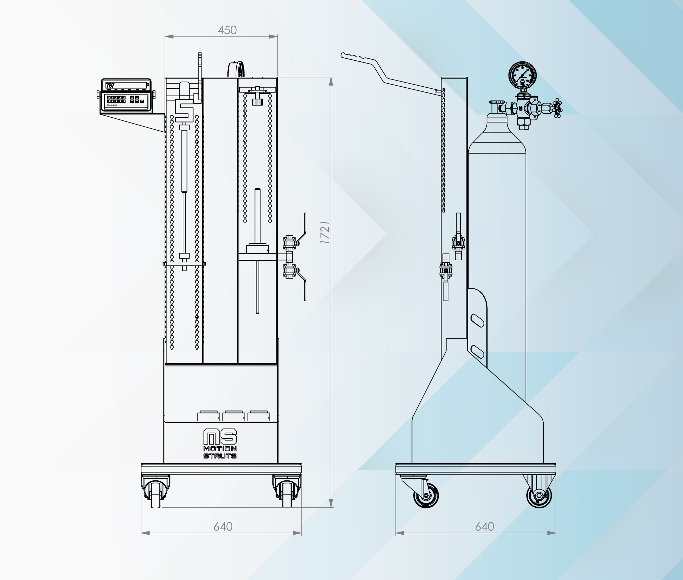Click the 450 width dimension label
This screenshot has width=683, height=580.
(227, 30)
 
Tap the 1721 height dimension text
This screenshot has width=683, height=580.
(325, 232)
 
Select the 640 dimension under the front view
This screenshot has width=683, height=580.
(223, 526)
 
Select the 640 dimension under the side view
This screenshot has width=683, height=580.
(485, 526)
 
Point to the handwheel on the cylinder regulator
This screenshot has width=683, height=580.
(558, 108)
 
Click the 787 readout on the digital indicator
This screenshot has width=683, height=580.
(110, 85)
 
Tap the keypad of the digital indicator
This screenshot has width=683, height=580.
(116, 99)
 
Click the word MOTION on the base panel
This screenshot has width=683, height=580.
(220, 449)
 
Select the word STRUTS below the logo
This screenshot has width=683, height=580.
(220, 456)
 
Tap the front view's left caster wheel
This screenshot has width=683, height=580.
(155, 492)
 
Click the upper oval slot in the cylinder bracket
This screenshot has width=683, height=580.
(477, 321)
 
